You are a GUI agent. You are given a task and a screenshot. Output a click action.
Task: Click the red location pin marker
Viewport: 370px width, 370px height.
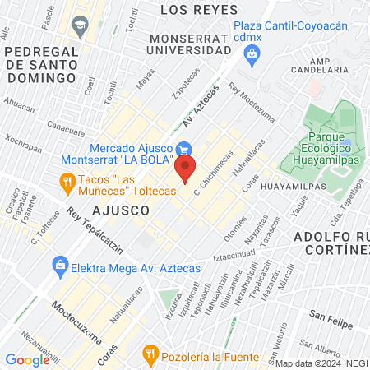tap(186, 170)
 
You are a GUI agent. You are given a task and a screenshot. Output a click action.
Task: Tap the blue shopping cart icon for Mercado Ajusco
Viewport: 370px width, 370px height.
tap(184, 150)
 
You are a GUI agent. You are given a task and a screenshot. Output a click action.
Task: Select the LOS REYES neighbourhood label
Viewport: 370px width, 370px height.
tap(192, 9)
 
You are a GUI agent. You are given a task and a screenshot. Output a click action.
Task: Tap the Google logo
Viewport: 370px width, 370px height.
tap(27, 359)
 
